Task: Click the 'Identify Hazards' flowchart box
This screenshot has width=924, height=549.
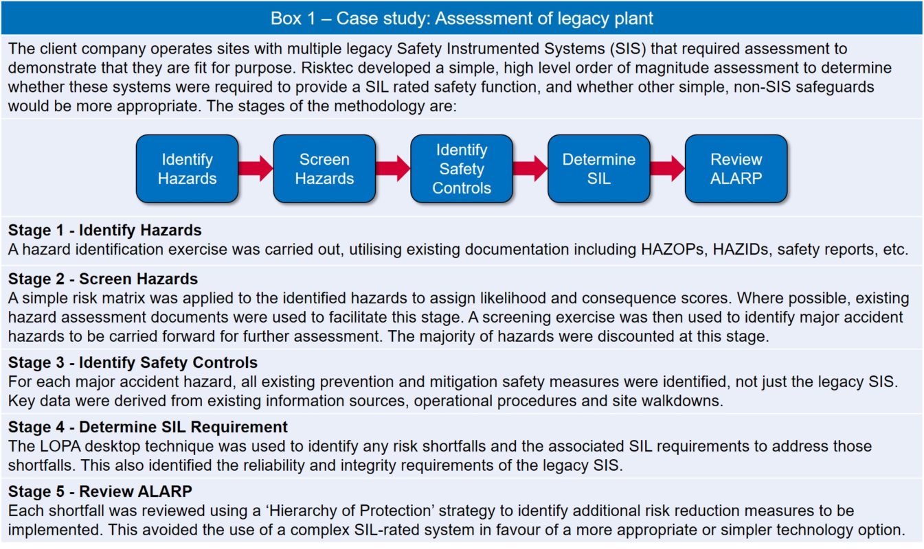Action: click(188, 169)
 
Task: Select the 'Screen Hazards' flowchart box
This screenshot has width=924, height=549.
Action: click(324, 169)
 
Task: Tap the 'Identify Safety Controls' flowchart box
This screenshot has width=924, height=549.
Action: click(462, 169)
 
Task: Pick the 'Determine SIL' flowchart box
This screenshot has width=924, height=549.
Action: click(599, 169)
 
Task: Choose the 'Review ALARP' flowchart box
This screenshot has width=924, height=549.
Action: click(736, 169)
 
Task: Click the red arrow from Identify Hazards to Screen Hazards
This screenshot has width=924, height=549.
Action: click(256, 168)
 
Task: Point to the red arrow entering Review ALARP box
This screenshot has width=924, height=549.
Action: click(668, 168)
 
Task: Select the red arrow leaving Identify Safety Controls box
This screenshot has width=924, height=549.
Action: click(530, 168)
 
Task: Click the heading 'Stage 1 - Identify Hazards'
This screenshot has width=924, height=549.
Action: click(105, 230)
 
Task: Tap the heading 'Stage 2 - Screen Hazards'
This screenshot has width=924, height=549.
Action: click(103, 279)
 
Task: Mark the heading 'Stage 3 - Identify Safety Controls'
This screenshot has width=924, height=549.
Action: click(133, 362)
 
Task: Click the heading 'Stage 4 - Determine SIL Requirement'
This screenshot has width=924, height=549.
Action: click(148, 427)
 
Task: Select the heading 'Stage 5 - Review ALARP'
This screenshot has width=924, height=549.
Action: click(100, 491)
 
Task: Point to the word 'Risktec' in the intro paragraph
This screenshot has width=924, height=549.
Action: click(327, 67)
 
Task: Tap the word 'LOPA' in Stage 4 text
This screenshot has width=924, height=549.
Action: click(60, 446)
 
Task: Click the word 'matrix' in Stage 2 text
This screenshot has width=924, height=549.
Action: click(125, 298)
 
